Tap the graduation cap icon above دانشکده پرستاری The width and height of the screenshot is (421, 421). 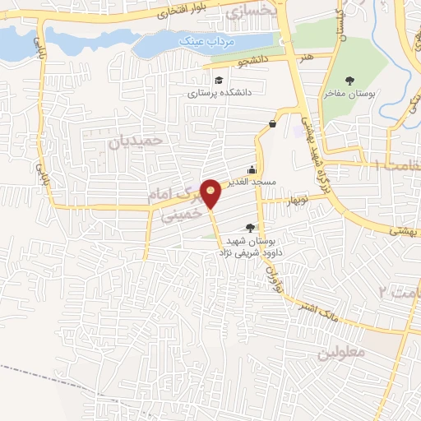tap(219, 80)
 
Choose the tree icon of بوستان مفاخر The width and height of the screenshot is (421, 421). tap(351, 81)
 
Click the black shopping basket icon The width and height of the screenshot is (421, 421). tap(271, 124)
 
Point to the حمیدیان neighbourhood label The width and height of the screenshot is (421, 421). tap(137, 141)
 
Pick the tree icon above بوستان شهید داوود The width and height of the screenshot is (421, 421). tap(251, 228)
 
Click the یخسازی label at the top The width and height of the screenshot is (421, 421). tap(246, 12)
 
